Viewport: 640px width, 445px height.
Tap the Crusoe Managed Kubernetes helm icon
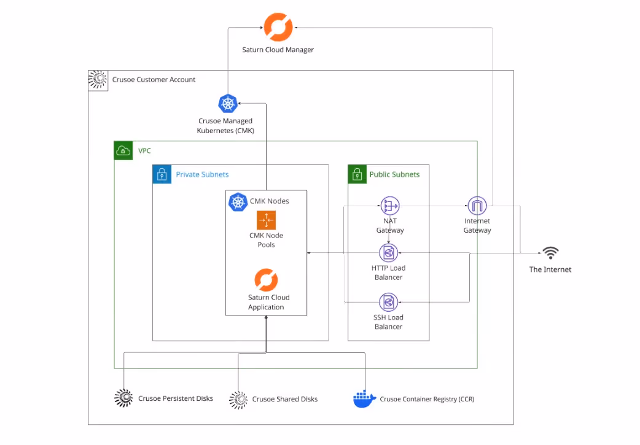click(x=227, y=104)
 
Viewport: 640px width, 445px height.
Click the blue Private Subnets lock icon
click(x=162, y=174)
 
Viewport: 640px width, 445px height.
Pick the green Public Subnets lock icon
click(x=357, y=174)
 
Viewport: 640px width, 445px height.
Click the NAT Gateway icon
click(x=389, y=206)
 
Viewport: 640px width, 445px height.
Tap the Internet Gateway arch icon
click(x=477, y=206)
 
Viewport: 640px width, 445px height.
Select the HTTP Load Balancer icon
click(x=388, y=252)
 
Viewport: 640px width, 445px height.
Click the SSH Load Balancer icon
click(x=388, y=302)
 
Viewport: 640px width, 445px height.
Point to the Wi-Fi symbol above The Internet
click(x=550, y=253)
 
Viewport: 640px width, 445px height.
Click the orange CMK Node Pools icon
click(x=266, y=220)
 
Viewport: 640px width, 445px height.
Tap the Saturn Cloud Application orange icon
click(x=266, y=280)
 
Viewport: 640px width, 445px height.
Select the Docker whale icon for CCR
click(x=364, y=399)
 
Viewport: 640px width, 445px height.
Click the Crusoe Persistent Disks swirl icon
click(x=123, y=398)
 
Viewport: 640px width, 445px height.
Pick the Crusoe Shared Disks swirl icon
click(x=238, y=400)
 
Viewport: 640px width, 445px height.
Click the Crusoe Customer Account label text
click(x=154, y=80)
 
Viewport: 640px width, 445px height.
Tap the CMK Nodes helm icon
click(x=238, y=201)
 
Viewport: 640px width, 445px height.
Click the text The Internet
click(x=550, y=269)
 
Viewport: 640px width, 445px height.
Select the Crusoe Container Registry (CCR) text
click(x=427, y=399)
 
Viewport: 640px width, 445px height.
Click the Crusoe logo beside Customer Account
click(x=98, y=80)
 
